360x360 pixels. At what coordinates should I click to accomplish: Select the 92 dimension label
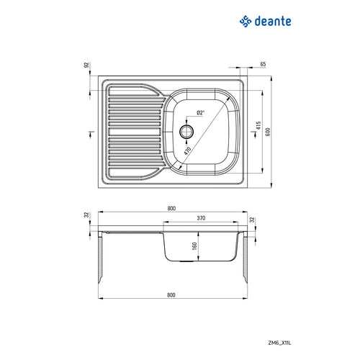point(85,66)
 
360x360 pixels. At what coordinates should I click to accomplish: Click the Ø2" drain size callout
point(200,113)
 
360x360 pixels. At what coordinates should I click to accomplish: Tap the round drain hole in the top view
point(187,131)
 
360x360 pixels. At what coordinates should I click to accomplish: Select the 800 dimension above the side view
point(171,208)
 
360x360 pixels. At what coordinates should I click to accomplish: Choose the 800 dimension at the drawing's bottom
point(171,294)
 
